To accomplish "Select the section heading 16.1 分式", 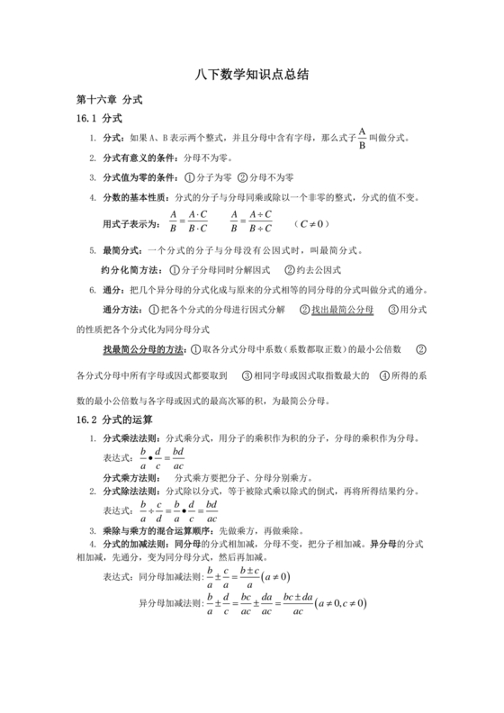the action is click(x=99, y=119).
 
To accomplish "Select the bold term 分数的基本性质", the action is click(x=135, y=197).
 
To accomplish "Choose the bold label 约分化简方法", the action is click(x=129, y=269).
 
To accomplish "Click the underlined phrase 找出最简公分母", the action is click(x=343, y=309).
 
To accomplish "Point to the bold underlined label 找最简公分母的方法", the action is click(x=143, y=348).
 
